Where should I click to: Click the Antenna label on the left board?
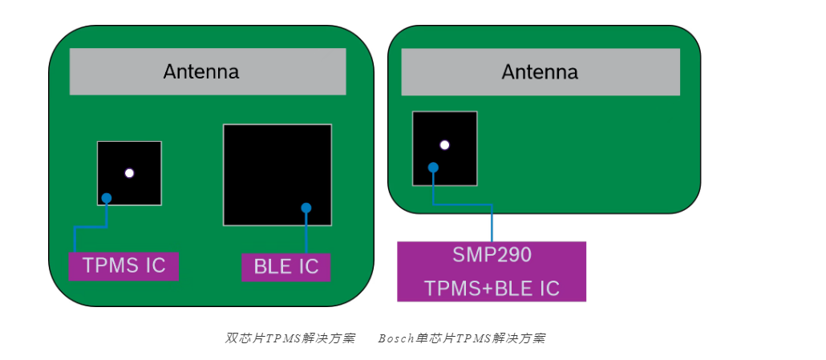tap(200, 71)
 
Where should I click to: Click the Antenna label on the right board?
tap(540, 71)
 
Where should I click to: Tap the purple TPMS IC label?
tap(123, 265)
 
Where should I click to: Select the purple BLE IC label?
tap(286, 267)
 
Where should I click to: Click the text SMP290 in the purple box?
tap(492, 255)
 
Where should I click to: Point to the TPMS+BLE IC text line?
tap(492, 288)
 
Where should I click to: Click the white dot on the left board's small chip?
tap(129, 173)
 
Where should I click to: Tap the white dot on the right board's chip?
tap(444, 145)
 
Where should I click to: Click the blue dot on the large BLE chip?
tap(306, 208)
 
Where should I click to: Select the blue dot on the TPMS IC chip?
tap(107, 198)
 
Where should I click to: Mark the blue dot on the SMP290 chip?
tap(433, 168)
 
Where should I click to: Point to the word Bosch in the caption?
tap(396, 338)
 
